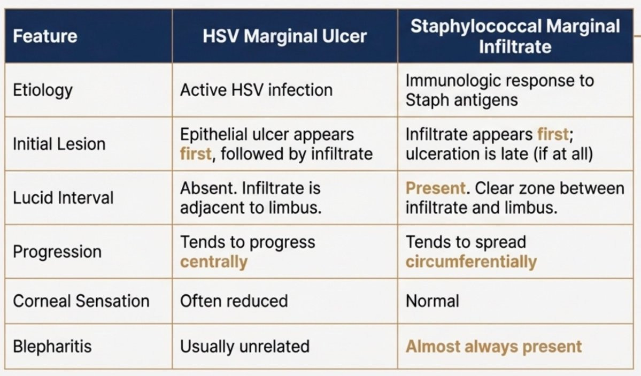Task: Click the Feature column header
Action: click(x=45, y=36)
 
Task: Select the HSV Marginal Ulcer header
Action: click(x=284, y=36)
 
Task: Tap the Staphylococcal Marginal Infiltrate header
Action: click(x=515, y=36)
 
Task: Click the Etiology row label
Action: click(x=43, y=90)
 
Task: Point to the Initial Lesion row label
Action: click(x=59, y=144)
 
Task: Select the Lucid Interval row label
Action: click(x=63, y=198)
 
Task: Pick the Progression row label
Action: click(x=57, y=252)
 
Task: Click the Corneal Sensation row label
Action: click(x=81, y=301)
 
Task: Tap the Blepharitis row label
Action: click(x=52, y=347)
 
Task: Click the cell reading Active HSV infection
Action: click(x=256, y=90)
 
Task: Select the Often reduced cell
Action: click(x=234, y=301)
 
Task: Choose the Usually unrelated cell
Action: click(x=244, y=347)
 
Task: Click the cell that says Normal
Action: click(x=432, y=301)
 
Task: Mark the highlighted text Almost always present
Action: click(x=493, y=347)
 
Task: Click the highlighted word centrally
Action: click(x=214, y=262)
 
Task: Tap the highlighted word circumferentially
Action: click(x=471, y=262)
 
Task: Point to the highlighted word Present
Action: click(x=435, y=188)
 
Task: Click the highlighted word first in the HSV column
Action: click(x=196, y=154)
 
